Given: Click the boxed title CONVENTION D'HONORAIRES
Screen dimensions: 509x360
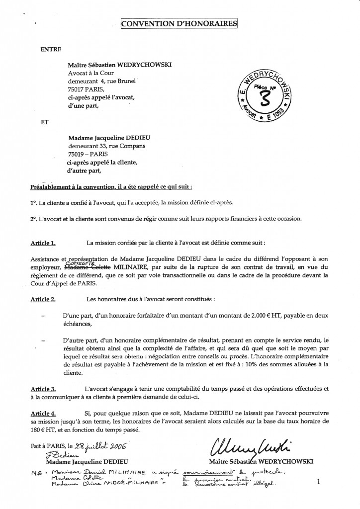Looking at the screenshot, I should click(x=180, y=24).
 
